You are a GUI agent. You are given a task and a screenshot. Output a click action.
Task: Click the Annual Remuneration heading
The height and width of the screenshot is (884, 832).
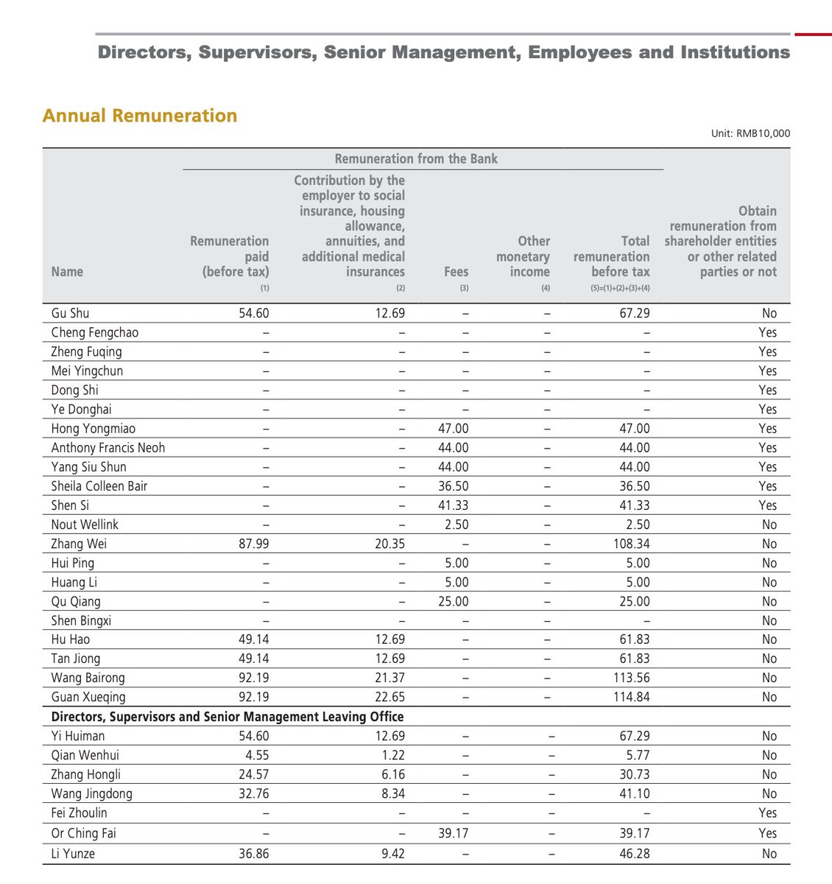[x=140, y=116]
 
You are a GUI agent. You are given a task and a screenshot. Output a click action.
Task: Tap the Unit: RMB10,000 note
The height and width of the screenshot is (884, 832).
[x=750, y=133]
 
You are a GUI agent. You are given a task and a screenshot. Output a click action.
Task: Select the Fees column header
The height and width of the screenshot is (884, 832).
[x=456, y=272]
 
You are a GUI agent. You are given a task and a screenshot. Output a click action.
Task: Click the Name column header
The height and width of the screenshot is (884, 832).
[x=67, y=272]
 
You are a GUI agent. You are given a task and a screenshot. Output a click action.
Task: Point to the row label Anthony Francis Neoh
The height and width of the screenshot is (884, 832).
[x=108, y=448]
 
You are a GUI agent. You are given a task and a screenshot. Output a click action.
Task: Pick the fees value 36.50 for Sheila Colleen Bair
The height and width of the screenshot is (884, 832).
[x=452, y=486]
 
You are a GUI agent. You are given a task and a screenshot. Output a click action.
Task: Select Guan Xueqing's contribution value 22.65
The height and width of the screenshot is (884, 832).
[x=389, y=697]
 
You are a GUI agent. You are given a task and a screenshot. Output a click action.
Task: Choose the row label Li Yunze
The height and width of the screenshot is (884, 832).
[x=73, y=854]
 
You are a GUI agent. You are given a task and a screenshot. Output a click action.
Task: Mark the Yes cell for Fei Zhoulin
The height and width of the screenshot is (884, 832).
[x=768, y=813]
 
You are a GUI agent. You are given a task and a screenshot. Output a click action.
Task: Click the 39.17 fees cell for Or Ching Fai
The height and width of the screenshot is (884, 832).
[x=452, y=833]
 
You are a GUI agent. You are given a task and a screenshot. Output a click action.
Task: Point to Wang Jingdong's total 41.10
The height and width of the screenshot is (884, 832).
[x=634, y=793]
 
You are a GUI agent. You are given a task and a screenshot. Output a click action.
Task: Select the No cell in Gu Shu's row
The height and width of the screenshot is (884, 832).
[x=769, y=313]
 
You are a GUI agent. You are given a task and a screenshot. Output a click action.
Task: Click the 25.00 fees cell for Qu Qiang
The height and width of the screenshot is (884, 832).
[x=452, y=601]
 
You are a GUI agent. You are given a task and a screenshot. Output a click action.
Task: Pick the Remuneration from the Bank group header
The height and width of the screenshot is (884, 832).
[x=416, y=158]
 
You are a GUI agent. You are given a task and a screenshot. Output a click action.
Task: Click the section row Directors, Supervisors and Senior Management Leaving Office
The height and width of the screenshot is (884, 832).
[x=228, y=716]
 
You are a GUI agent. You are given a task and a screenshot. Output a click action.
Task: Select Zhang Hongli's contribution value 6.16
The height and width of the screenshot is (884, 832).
[x=392, y=774]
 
